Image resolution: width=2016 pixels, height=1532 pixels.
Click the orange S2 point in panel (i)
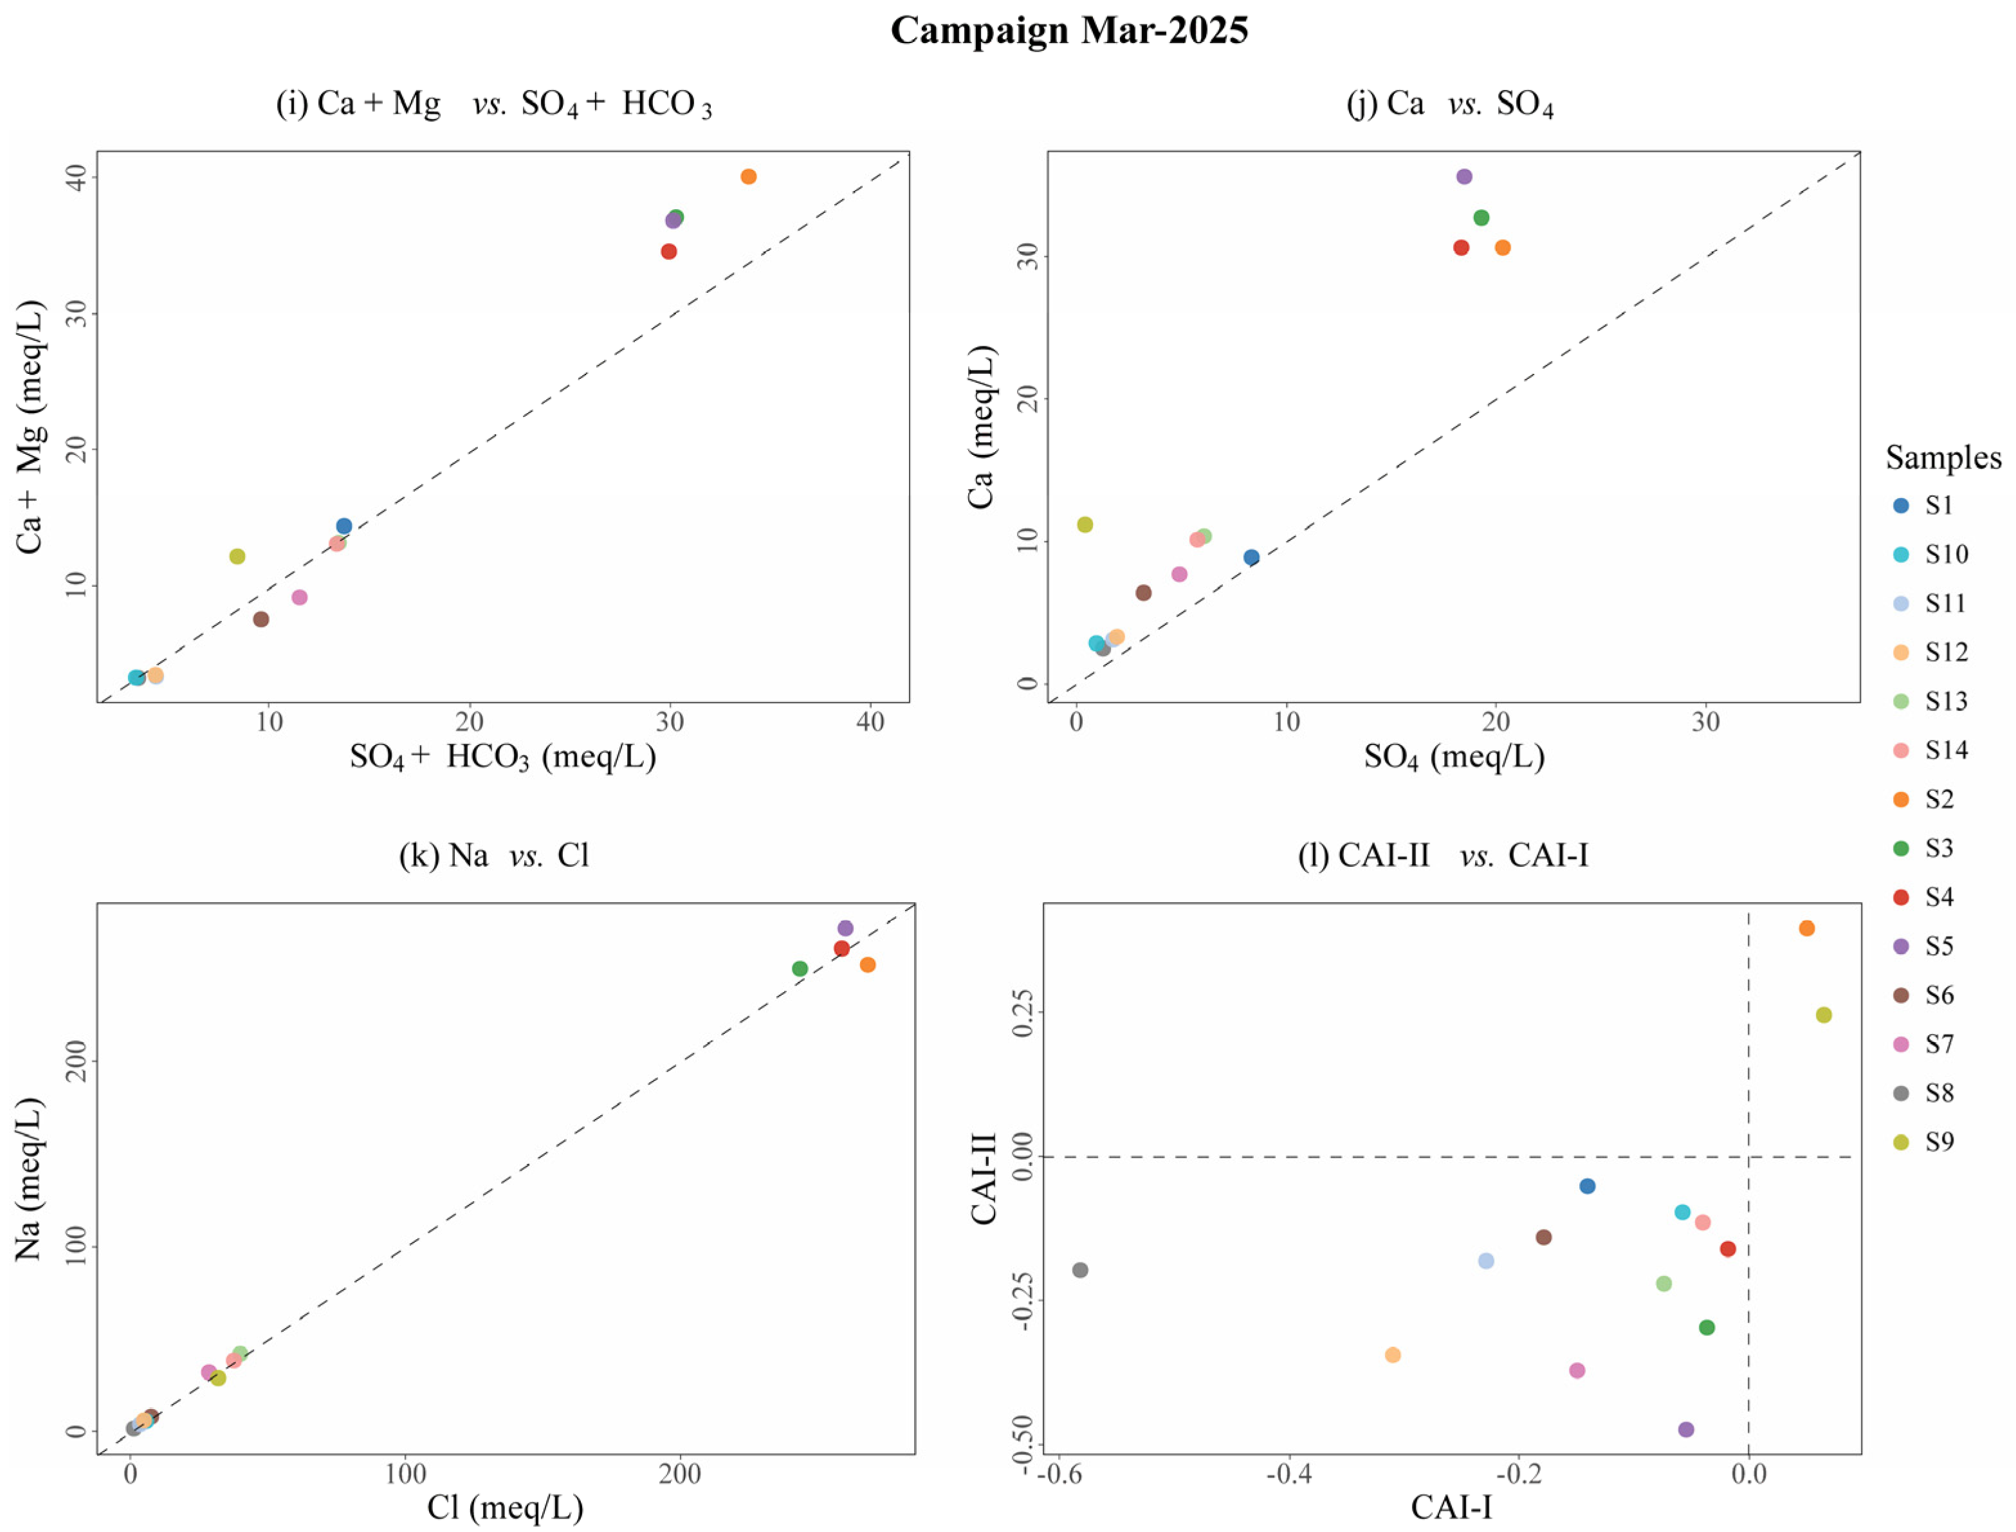coord(749,177)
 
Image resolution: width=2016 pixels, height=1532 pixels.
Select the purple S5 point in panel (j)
coord(1464,177)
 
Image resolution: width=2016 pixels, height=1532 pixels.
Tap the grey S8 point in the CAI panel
coord(1081,1270)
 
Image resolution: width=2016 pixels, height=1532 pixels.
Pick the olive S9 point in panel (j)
coord(1085,524)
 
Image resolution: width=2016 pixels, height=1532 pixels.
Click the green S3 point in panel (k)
coord(800,968)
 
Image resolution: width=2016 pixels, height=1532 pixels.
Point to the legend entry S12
coord(1946,652)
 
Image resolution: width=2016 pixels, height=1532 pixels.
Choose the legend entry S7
coord(1939,1044)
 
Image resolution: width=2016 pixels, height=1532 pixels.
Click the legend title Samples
coord(1943,457)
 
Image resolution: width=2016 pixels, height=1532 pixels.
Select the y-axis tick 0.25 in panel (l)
coord(1024,1013)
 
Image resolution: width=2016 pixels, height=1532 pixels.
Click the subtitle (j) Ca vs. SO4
coord(1450,104)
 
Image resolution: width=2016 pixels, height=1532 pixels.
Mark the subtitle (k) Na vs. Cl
coord(494,855)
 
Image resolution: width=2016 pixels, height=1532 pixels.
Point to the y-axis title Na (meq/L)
coord(29,1180)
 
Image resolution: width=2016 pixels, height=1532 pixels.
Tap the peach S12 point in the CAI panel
coord(1392,1355)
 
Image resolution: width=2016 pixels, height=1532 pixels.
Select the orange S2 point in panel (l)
coord(1806,928)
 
